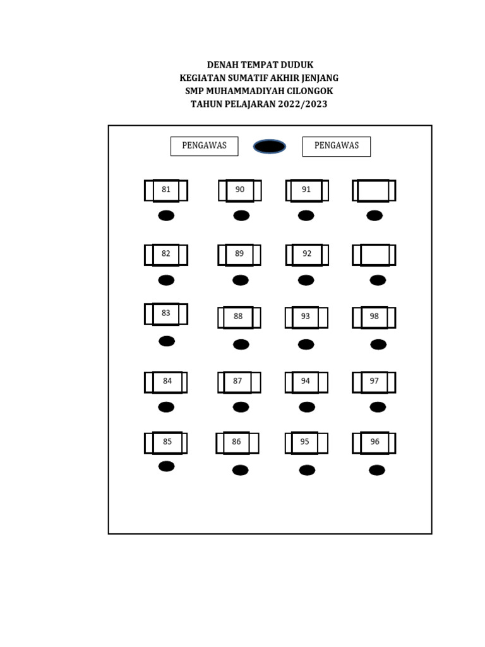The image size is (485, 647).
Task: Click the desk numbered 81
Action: point(166,190)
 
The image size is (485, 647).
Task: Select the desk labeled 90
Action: point(240,190)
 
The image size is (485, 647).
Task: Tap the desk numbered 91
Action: point(306,190)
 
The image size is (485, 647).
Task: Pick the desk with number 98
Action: point(374,317)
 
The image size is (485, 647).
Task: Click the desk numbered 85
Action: point(167,443)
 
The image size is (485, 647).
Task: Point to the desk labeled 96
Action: point(374,443)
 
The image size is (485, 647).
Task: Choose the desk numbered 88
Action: point(238,317)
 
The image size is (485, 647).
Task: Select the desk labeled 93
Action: point(306,317)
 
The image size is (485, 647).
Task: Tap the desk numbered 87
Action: point(237,382)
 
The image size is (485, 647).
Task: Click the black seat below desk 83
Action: point(167,341)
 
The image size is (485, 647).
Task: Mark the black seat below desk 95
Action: point(307,470)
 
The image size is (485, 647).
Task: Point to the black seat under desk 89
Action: point(240,280)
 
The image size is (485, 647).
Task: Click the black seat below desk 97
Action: point(378,407)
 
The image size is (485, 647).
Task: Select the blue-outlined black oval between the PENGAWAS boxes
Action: point(270,147)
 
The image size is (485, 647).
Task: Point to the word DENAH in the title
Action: point(222,65)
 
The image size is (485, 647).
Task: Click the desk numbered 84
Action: point(167,382)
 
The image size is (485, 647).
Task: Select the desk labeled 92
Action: point(307,255)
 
